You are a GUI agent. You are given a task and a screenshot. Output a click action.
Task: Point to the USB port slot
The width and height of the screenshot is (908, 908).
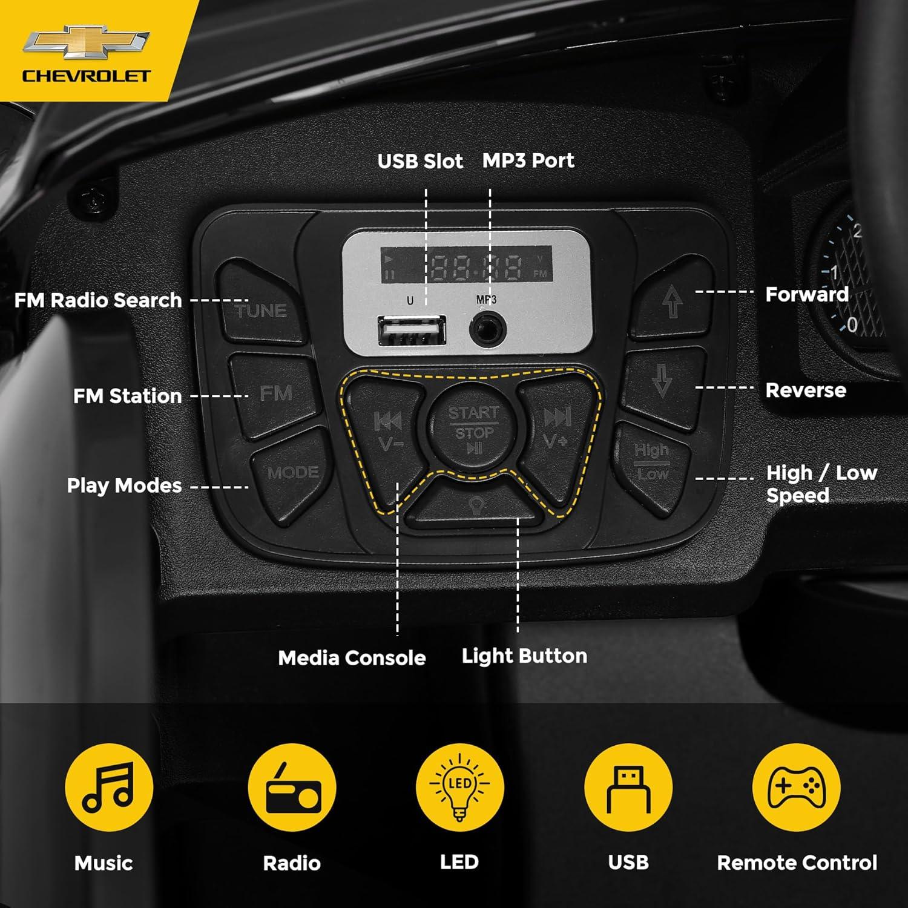click(412, 331)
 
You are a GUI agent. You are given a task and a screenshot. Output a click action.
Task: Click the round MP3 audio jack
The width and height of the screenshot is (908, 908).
click(487, 329)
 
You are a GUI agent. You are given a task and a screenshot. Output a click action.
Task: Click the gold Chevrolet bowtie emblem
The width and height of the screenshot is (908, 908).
click(86, 42)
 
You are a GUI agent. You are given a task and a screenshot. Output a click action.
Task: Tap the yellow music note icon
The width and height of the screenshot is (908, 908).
click(109, 787)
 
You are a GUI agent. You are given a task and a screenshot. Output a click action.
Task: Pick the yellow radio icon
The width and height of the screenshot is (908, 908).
click(292, 787)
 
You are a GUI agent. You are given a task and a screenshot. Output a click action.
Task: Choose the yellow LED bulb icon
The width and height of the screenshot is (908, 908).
click(459, 787)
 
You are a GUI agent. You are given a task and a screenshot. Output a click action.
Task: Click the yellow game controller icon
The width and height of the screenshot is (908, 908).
click(796, 787)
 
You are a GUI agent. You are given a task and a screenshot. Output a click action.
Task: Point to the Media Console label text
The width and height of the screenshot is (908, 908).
click(352, 658)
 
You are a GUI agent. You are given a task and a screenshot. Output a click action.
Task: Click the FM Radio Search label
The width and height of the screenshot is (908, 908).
click(98, 300)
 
